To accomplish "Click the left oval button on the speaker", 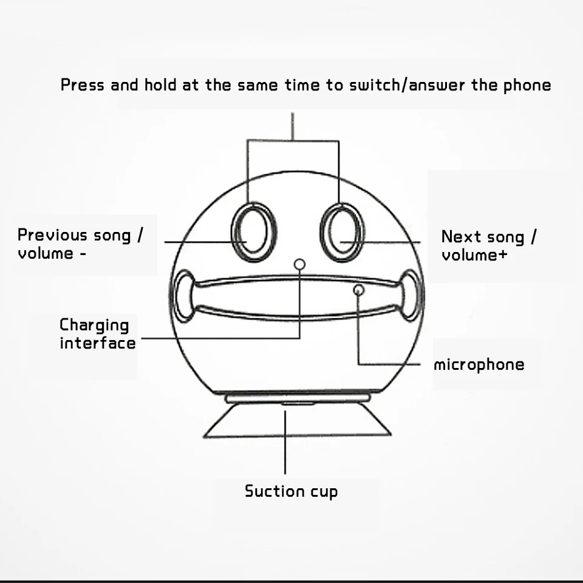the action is [x=233, y=233].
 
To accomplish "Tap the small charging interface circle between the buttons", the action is [x=299, y=264].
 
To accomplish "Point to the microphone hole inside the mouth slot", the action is [x=358, y=290].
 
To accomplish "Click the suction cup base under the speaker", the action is [x=298, y=420].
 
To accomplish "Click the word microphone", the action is [x=479, y=365].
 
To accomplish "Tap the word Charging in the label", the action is [x=94, y=326].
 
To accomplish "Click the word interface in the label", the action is [x=98, y=343].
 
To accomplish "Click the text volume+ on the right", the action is [x=474, y=255].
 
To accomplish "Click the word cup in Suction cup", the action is [x=324, y=493].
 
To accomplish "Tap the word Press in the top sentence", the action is [x=83, y=85].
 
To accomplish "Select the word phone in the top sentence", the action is [x=527, y=85].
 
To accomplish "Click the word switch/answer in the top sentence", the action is [x=407, y=85].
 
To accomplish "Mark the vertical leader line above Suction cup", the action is [x=285, y=443].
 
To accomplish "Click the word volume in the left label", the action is [x=46, y=254].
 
